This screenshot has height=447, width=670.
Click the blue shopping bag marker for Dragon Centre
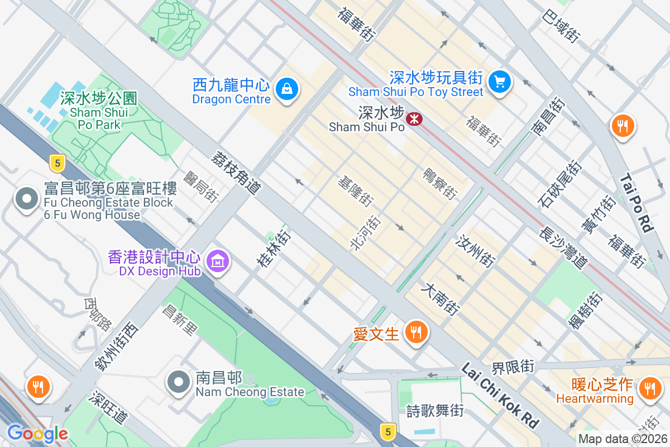(x=286, y=89)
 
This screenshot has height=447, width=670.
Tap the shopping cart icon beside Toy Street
(x=499, y=82)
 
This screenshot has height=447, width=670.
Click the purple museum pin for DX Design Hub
(x=218, y=260)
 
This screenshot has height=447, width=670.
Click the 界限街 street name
(x=513, y=367)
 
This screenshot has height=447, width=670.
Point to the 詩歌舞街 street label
(x=435, y=411)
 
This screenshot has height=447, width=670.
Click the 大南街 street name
(x=441, y=299)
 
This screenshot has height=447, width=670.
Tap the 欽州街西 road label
(x=116, y=346)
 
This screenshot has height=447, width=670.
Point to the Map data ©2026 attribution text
(x=623, y=439)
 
